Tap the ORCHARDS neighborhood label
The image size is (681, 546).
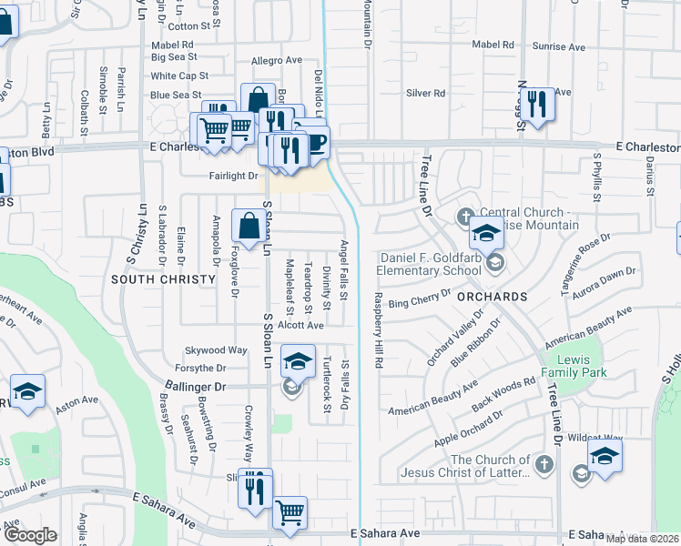coord(493,298)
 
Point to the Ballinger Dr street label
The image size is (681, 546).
coord(195,387)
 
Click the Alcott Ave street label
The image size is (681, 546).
coord(301,325)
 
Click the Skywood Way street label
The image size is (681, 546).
coord(217,349)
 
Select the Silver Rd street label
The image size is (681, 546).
coord(425,93)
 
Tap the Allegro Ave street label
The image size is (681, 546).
coord(276,60)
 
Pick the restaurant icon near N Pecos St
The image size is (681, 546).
coord(540,105)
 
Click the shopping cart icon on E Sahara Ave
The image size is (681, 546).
coord(290,512)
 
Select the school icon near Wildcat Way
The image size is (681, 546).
coord(605,456)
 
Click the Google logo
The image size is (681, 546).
coord(30,535)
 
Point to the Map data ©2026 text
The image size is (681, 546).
coord(642,539)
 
